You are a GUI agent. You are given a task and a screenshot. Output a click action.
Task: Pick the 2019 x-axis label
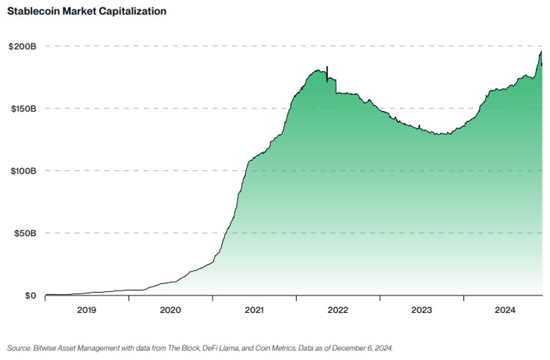point(87,310)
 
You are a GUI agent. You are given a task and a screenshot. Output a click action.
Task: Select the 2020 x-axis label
point(171,310)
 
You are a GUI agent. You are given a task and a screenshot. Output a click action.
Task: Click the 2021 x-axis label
point(254,310)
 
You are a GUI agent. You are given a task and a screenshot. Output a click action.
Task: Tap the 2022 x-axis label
point(338,310)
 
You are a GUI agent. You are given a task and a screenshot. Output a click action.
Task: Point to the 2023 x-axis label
point(422,310)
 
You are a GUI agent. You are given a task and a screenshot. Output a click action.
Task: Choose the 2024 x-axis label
point(505,310)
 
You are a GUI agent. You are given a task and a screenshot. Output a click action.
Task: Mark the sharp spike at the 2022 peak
point(327,68)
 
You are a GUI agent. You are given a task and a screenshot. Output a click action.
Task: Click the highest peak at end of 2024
point(540,52)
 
